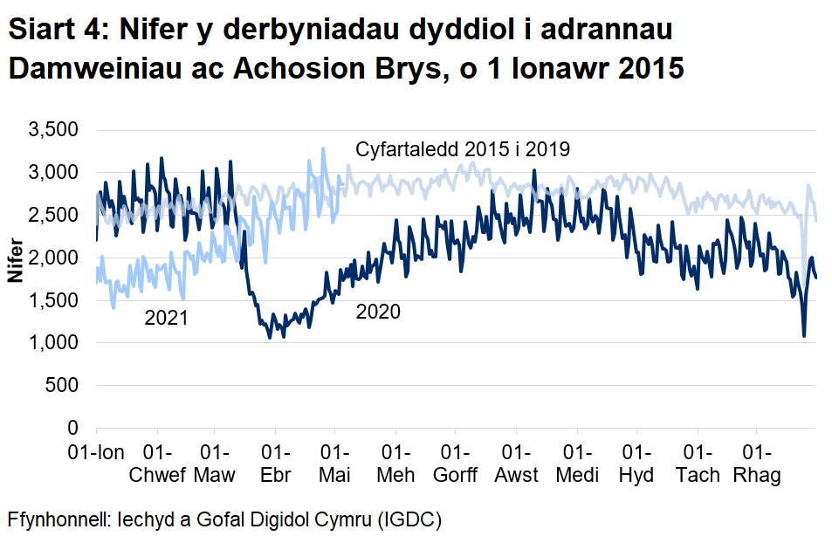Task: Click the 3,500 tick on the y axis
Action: coord(55,130)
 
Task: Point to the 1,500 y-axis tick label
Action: coord(55,301)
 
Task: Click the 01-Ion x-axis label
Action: coord(96,454)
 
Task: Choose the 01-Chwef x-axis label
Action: coord(157,464)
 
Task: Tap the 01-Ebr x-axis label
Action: coord(275,464)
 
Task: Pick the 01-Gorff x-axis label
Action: coord(456,464)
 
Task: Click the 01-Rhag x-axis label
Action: coord(756,464)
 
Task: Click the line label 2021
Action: coord(166,320)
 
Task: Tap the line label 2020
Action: coord(378,312)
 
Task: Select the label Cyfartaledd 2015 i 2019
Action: coord(463,149)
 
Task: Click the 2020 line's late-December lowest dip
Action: coord(803,335)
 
